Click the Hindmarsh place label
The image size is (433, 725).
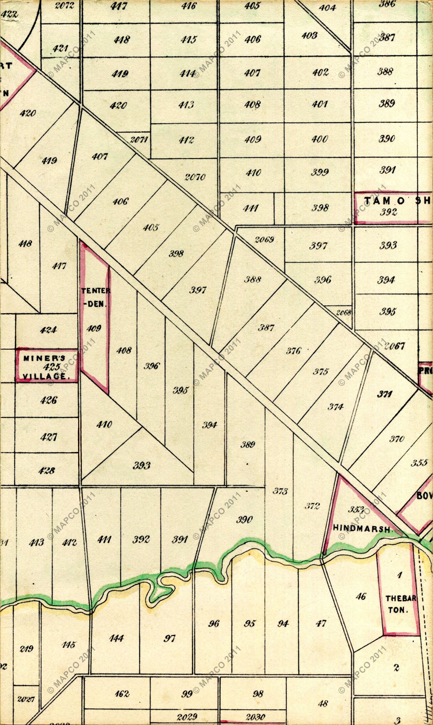[362, 529]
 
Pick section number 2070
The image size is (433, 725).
[195, 177]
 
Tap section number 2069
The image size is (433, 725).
[264, 240]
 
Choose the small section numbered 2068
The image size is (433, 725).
[343, 313]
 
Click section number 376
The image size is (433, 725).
[293, 351]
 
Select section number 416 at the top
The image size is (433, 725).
[189, 6]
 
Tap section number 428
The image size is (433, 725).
[47, 470]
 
